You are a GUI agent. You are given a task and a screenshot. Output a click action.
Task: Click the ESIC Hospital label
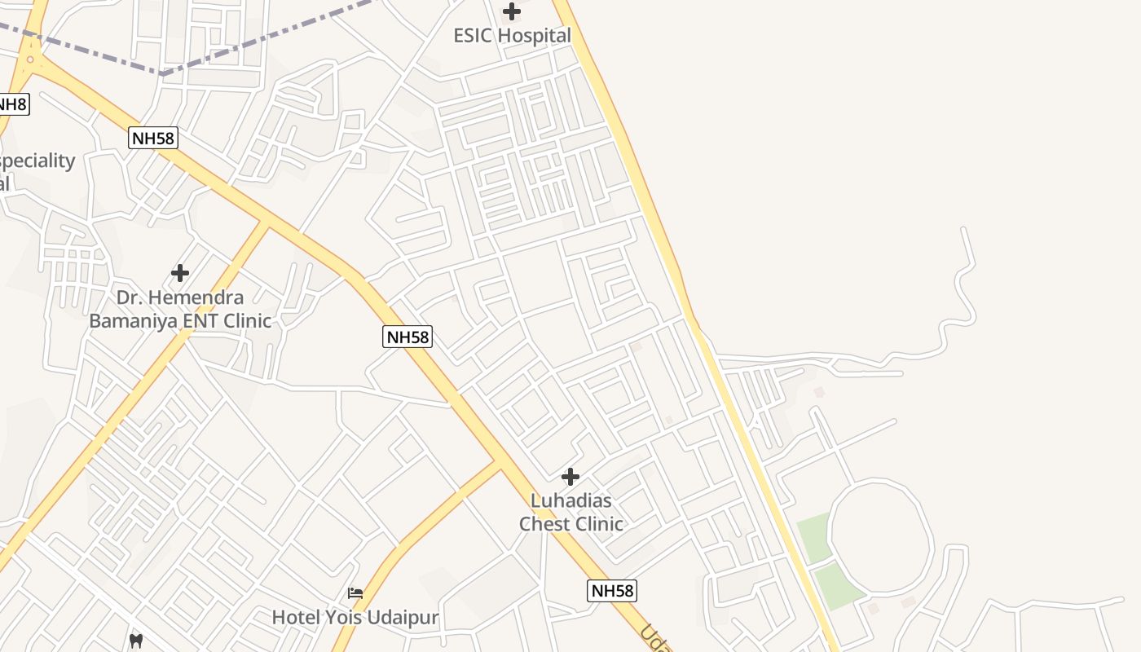click(512, 36)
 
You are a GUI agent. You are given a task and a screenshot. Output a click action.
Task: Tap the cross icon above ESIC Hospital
click(512, 11)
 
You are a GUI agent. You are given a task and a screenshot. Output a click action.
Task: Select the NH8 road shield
click(12, 104)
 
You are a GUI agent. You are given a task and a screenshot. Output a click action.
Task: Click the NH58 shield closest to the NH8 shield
click(152, 138)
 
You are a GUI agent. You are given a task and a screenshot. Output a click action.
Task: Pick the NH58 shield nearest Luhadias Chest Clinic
click(611, 591)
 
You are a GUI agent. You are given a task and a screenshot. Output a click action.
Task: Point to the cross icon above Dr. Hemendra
click(180, 272)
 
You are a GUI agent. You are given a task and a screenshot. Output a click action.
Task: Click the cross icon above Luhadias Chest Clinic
click(570, 476)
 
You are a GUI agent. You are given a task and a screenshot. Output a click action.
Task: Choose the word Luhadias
click(570, 500)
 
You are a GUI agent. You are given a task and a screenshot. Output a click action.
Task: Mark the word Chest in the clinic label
click(545, 523)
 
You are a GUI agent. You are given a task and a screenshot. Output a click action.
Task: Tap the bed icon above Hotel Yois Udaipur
click(355, 593)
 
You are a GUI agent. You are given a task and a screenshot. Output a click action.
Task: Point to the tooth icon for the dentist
click(136, 641)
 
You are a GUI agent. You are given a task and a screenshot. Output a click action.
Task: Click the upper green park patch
click(814, 537)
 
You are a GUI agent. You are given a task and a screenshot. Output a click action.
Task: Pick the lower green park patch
click(837, 585)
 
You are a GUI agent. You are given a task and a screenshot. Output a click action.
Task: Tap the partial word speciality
click(37, 161)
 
